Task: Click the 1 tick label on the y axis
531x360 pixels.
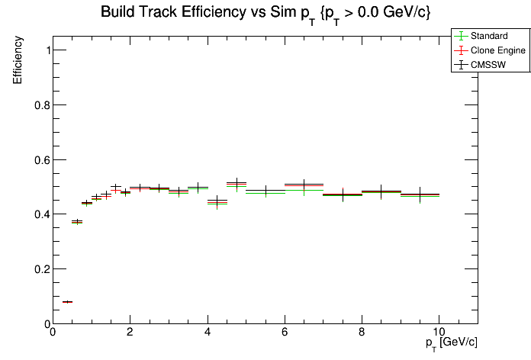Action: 46,50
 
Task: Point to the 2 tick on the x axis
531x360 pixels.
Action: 130,333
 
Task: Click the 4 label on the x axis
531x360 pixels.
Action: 208,333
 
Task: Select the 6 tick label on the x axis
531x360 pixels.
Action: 285,333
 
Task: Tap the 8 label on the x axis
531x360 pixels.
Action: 362,333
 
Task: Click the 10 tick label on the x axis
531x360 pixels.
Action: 439,333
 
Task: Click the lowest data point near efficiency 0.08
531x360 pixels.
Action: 67,302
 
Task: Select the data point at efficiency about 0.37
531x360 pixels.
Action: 77,222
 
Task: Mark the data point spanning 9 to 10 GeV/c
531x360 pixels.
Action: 420,195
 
